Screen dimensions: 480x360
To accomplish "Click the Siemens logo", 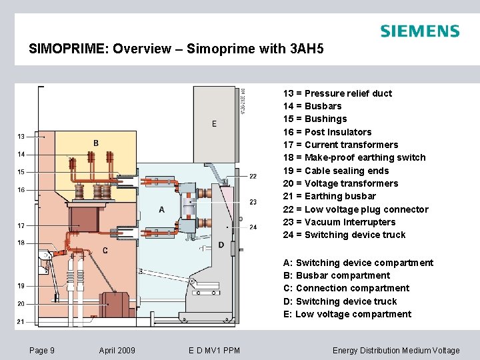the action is coord(419,31).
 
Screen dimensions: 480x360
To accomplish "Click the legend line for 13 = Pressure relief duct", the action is coord(337,93).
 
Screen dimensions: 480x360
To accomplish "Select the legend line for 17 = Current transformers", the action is coord(340,145).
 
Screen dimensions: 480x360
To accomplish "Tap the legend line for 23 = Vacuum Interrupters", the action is coord(339,222).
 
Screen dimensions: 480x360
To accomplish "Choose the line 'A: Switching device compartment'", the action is coord(358,263).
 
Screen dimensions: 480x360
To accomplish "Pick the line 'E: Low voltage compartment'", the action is coord(347,314).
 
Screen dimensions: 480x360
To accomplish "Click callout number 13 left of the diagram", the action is coord(21,137).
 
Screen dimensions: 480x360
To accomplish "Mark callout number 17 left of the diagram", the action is coord(21,225).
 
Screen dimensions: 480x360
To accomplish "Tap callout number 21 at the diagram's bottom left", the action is coord(21,321).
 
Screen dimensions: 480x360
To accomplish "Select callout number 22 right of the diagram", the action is coord(253,176).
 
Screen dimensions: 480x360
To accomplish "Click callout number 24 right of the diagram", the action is coord(253,227).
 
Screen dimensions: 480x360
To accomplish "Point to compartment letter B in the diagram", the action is coord(96,143).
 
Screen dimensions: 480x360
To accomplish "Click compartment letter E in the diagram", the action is coord(214,123).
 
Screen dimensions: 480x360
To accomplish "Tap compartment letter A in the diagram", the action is coord(161,210).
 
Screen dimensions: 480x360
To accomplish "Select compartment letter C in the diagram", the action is coord(105,251).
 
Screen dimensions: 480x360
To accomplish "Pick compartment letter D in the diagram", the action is coord(221,245).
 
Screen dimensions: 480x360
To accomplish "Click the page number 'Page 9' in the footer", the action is coord(43,351).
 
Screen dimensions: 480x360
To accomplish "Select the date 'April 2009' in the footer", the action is coord(117,351).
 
